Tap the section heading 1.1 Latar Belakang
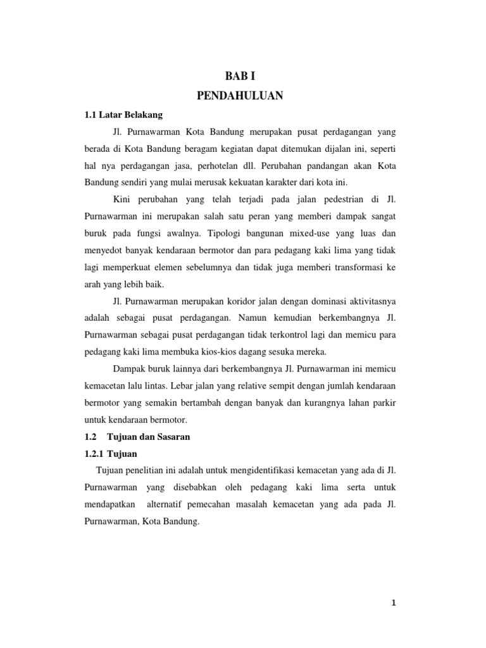[x=123, y=115]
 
